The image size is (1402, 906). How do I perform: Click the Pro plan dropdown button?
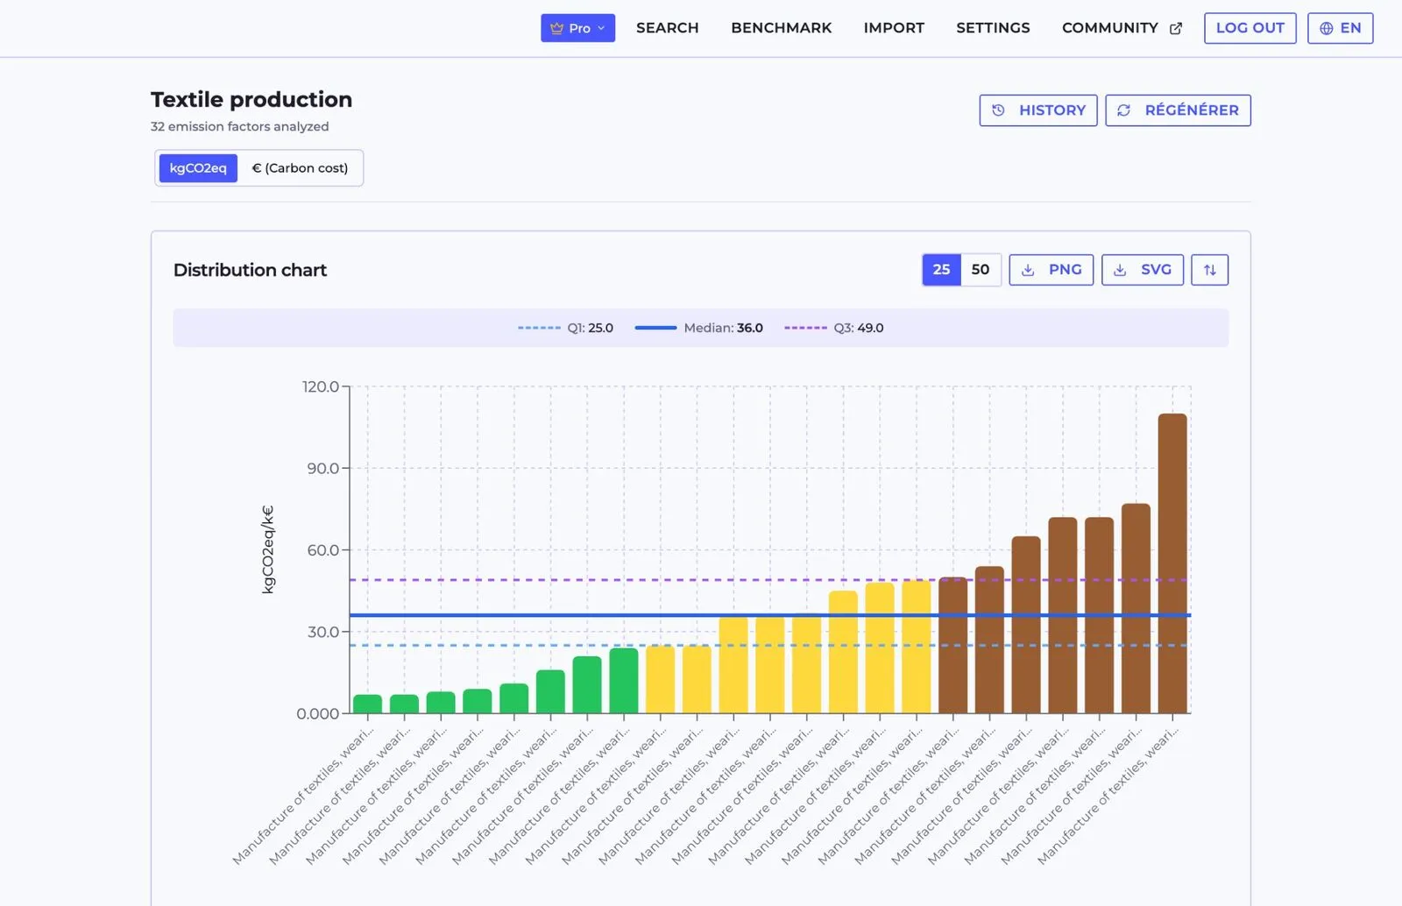(x=577, y=28)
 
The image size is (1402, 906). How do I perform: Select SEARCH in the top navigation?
(x=667, y=28)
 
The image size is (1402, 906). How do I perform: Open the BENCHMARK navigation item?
(x=781, y=28)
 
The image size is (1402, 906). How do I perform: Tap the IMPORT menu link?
(x=894, y=28)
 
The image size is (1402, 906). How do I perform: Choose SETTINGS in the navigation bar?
(x=993, y=28)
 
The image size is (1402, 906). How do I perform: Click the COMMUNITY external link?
(x=1122, y=28)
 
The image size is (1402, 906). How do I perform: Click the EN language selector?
(x=1340, y=28)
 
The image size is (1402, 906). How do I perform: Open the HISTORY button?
(x=1038, y=110)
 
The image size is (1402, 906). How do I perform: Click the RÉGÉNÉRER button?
(x=1178, y=110)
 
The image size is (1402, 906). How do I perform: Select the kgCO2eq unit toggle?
(x=198, y=167)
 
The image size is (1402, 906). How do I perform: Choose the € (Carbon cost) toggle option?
(x=300, y=167)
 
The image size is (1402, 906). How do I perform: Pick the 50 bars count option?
(x=981, y=270)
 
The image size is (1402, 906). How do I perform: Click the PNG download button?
(x=1051, y=270)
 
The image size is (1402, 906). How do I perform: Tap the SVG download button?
(x=1143, y=270)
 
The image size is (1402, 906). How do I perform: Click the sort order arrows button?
(x=1210, y=270)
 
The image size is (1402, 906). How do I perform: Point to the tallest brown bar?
(x=1172, y=563)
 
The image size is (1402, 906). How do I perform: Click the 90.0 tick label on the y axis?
(x=323, y=468)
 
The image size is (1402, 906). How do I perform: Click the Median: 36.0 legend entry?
(x=698, y=328)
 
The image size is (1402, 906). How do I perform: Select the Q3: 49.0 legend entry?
(x=833, y=328)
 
